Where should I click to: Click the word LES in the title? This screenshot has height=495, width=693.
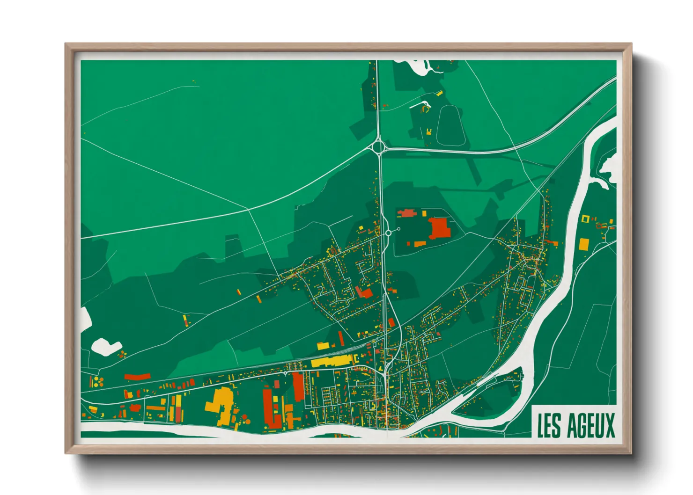coord(549,425)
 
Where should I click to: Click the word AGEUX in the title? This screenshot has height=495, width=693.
coord(590,425)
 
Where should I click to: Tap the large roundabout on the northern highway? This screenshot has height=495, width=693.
coord(378,147)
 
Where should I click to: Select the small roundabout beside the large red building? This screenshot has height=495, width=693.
coord(388,233)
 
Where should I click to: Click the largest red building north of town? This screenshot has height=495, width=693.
coord(439,228)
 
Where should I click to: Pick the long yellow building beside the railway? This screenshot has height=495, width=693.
coord(332,361)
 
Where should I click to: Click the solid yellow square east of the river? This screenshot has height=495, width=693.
coord(583,244)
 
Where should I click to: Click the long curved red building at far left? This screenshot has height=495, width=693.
coord(137,376)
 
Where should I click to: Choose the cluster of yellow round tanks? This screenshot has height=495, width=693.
coord(97,381)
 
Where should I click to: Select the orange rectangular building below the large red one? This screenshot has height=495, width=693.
coord(418,243)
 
